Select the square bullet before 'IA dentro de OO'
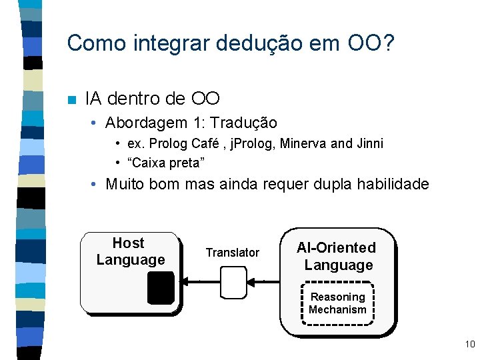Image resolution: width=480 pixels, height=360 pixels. tap(72, 100)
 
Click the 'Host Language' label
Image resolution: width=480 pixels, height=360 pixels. tap(130, 251)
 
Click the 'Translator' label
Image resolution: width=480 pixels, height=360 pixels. tap(232, 253)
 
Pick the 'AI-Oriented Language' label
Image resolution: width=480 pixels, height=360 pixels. tap(337, 256)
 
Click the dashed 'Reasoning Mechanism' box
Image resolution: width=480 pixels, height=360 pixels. tap(337, 303)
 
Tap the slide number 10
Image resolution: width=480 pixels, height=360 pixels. tap(469, 344)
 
